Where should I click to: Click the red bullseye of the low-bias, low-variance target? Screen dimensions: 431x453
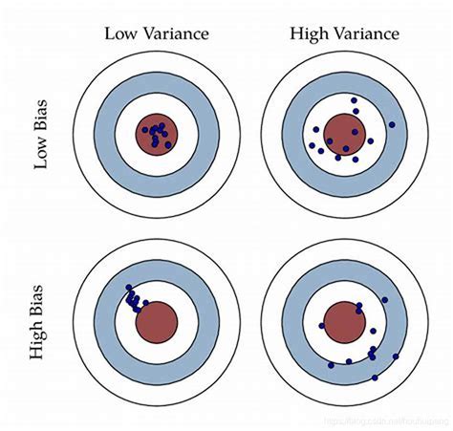(x=156, y=133)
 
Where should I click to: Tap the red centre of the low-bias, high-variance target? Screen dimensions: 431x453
(x=340, y=133)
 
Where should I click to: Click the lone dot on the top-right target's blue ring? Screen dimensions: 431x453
(x=392, y=124)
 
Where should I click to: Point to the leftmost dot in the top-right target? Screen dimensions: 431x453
(x=313, y=146)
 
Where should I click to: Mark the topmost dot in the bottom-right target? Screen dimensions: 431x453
(x=385, y=300)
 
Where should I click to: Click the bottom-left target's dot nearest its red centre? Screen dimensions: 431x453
(x=145, y=305)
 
